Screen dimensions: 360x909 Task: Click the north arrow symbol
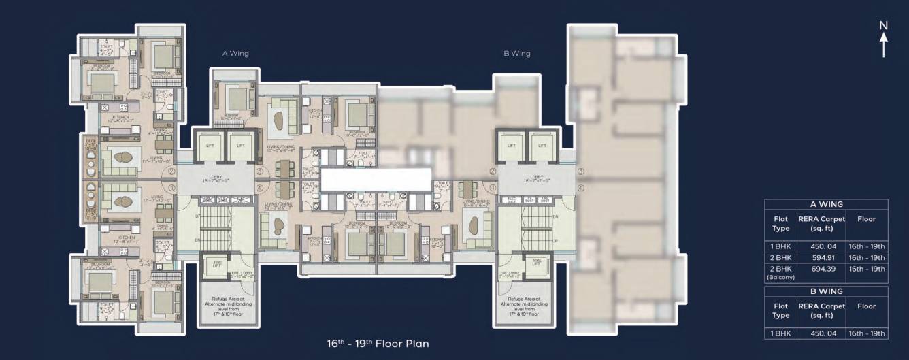pos(883,39)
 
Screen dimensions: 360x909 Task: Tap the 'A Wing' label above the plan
pos(235,53)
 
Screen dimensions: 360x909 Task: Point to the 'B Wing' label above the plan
pos(517,53)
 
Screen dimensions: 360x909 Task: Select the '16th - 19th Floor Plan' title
pos(378,344)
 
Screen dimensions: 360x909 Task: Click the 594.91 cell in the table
pos(821,258)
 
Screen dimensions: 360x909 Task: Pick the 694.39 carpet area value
pos(821,269)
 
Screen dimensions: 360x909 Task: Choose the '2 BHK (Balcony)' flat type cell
pos(780,272)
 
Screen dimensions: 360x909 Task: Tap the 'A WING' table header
pos(826,204)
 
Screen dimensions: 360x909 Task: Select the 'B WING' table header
pos(826,291)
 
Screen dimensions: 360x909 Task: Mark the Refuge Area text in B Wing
pos(523,308)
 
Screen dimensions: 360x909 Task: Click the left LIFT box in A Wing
pos(207,146)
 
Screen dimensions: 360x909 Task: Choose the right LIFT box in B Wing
pos(542,146)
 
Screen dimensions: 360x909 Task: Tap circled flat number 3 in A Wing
pos(260,172)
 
